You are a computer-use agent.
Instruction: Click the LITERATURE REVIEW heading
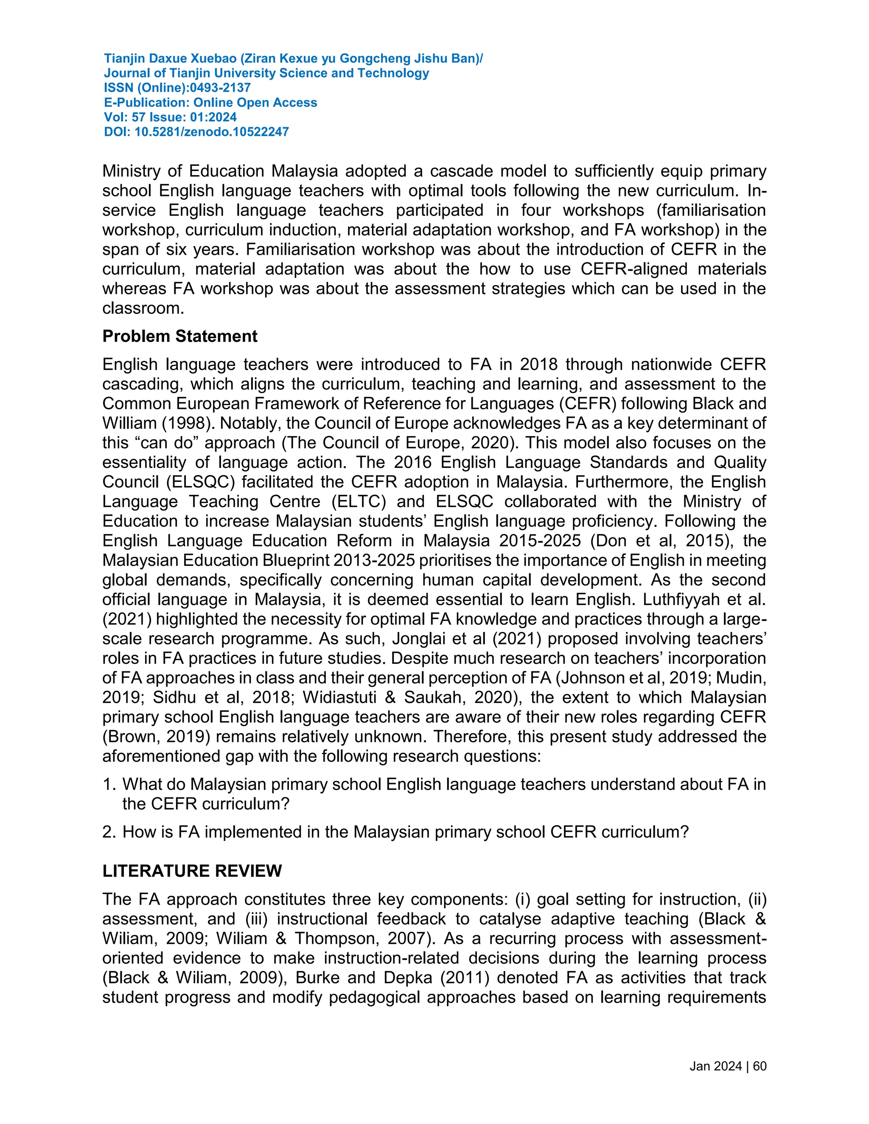(x=192, y=871)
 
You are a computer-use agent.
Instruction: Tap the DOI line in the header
(x=196, y=132)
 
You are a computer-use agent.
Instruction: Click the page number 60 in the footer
(x=760, y=1066)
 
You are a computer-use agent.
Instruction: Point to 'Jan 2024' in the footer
(x=715, y=1066)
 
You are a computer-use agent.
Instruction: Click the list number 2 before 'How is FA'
(x=108, y=832)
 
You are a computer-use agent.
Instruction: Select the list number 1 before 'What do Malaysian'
(x=108, y=784)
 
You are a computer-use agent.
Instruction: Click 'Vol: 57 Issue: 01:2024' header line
(x=171, y=117)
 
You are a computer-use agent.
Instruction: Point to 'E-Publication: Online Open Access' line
(x=210, y=102)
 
